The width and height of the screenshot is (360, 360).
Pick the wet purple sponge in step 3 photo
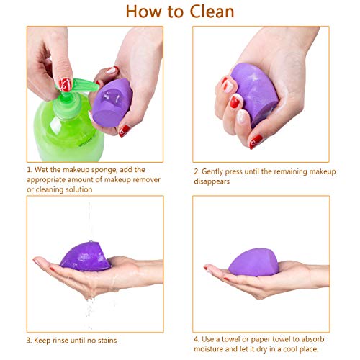85,255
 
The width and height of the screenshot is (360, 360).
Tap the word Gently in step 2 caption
217,172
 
